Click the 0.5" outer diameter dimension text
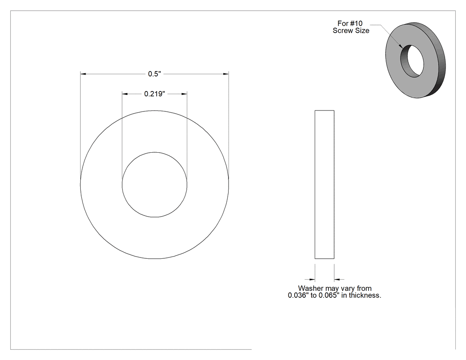pyautogui.click(x=154, y=74)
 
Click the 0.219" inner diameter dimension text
pyautogui.click(x=154, y=94)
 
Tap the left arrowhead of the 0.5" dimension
pyautogui.click(x=83, y=74)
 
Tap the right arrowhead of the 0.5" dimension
pyautogui.click(x=226, y=74)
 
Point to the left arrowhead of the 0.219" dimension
pyautogui.click(x=125, y=94)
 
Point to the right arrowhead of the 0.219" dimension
pyautogui.click(x=184, y=94)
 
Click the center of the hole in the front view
pyautogui.click(x=154, y=185)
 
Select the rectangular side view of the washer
pyautogui.click(x=324, y=184)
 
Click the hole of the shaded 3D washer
pyautogui.click(x=412, y=61)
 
